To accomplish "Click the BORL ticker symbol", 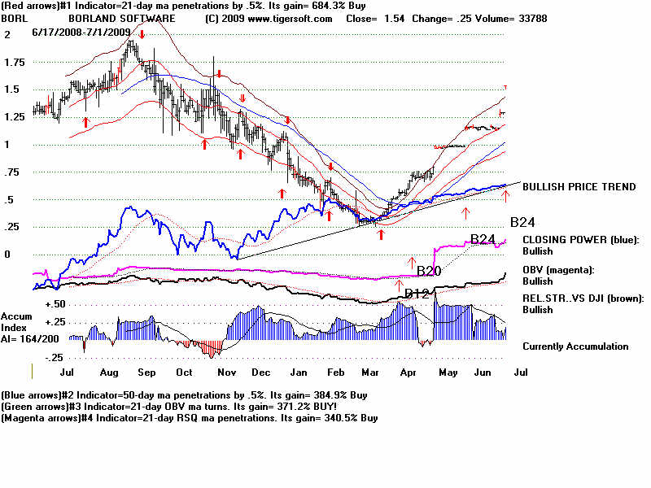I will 13,18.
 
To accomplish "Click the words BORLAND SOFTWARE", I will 122,18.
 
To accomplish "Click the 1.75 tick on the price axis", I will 15,63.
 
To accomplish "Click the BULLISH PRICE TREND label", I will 579,187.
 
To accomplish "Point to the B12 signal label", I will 417,294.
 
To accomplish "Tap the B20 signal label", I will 428,271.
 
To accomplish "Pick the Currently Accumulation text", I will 575,346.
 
